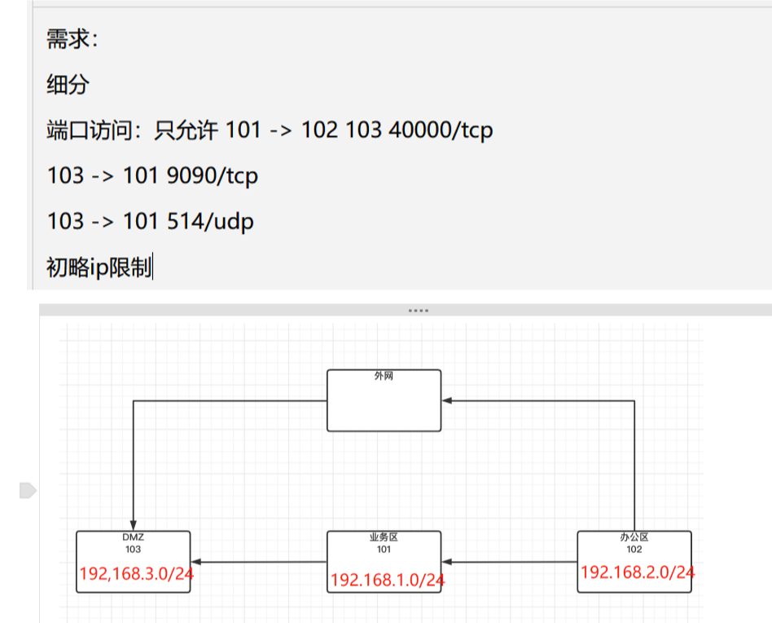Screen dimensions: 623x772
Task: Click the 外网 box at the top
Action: [384, 400]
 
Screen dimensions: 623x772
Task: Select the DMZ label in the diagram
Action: [133, 537]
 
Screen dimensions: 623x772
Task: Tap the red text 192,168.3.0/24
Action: [137, 574]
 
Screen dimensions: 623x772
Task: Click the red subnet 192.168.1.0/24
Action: [388, 580]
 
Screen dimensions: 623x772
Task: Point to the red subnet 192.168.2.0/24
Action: [637, 572]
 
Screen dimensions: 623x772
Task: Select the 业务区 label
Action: [384, 537]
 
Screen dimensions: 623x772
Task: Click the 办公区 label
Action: [634, 537]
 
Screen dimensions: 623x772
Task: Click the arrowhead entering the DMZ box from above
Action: [133, 525]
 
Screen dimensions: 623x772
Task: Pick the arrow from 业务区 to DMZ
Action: [259, 562]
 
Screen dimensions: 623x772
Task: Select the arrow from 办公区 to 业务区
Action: [509, 562]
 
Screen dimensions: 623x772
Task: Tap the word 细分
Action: [68, 84]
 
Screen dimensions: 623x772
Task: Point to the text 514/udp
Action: [213, 221]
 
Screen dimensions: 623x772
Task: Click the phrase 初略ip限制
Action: [99, 267]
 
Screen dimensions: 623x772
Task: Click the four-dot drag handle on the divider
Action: [418, 311]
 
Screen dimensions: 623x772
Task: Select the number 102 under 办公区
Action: [634, 549]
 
